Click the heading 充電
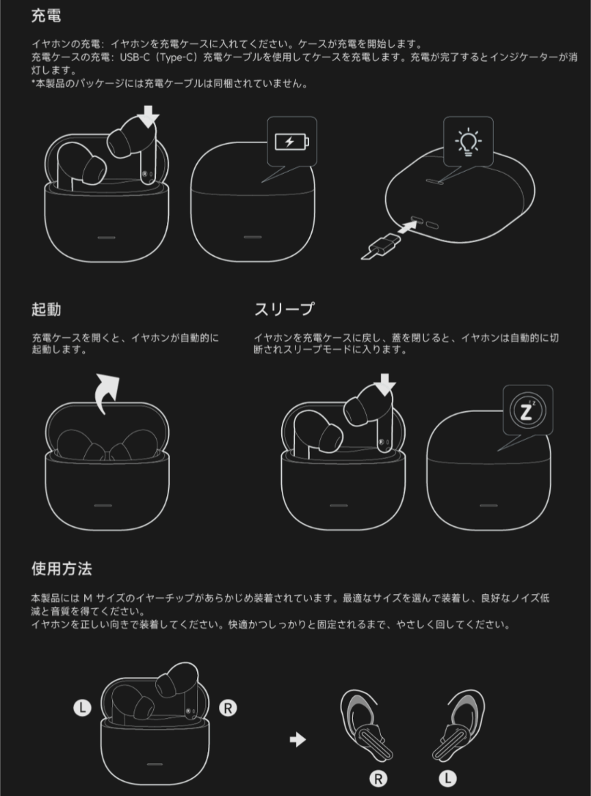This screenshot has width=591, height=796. coord(46,16)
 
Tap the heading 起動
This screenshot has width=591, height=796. coord(46,309)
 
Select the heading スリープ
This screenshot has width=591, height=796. coord(284,309)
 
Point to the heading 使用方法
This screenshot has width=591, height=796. coord(62,569)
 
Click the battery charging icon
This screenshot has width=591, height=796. coord(291,142)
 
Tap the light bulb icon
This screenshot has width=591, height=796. coord(469,141)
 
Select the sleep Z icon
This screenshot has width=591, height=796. coord(527,411)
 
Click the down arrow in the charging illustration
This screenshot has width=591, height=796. coord(148,116)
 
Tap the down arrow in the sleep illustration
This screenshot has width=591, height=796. coord(385,385)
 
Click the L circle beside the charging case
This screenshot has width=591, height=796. coord(82,708)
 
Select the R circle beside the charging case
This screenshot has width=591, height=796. coord(228,708)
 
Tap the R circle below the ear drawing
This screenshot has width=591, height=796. coord(378,778)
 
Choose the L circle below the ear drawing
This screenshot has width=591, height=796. coord(447,778)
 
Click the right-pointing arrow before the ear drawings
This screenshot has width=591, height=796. coord(298,740)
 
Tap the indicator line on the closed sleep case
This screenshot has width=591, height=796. coord(488,505)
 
